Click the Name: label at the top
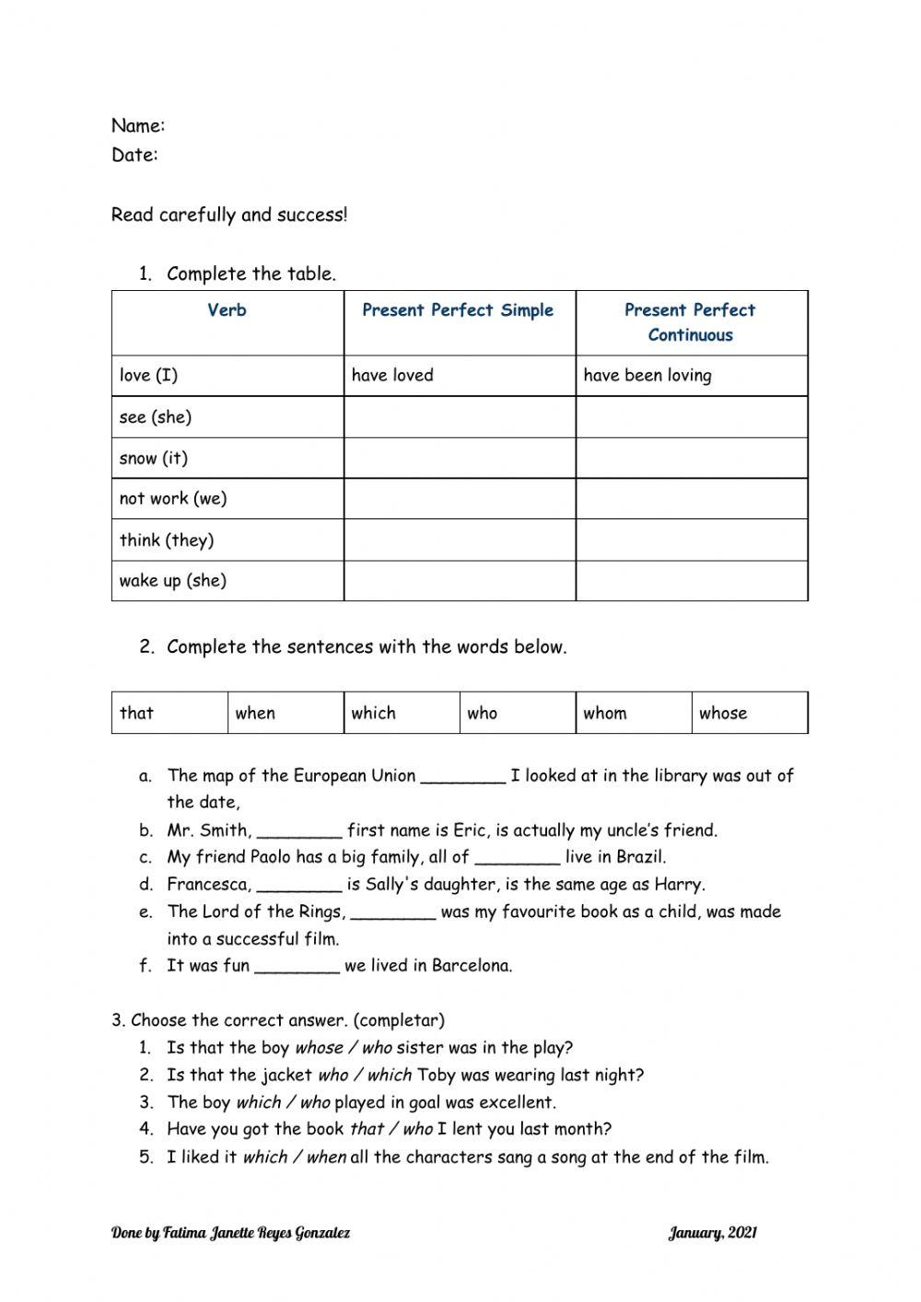pyautogui.click(x=138, y=125)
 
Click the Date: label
pyautogui.click(x=134, y=155)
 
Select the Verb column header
pyautogui.click(x=227, y=310)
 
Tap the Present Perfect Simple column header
pyautogui.click(x=458, y=310)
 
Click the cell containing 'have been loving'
pyautogui.click(x=647, y=376)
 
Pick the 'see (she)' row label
pyautogui.click(x=156, y=417)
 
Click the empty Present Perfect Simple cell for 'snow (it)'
pyautogui.click(x=460, y=458)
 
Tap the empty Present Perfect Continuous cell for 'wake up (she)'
pyautogui.click(x=692, y=581)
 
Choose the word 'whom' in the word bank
pyautogui.click(x=605, y=713)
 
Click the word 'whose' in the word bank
pyautogui.click(x=723, y=713)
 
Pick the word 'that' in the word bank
pyautogui.click(x=137, y=713)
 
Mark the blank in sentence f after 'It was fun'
pyautogui.click(x=297, y=967)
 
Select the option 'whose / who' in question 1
pyautogui.click(x=343, y=1048)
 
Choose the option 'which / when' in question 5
pyautogui.click(x=295, y=1157)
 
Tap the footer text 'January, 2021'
pyautogui.click(x=712, y=1233)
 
